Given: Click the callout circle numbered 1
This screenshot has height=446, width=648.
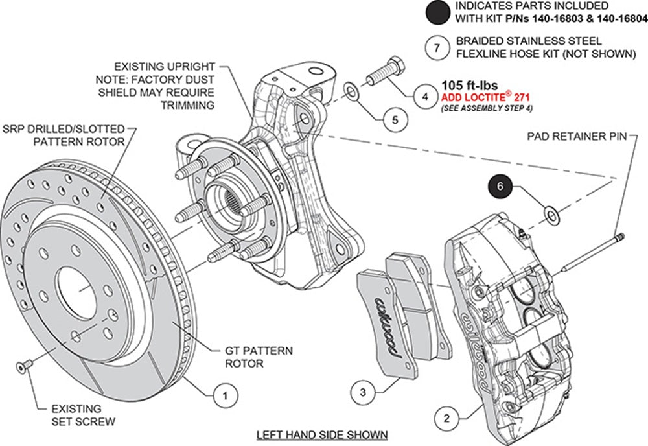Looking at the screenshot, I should [224, 393].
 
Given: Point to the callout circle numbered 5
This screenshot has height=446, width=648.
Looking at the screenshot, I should [395, 120].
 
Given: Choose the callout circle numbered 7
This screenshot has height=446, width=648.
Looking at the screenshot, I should [437, 48].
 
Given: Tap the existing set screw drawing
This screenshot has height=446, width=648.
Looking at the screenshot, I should [24, 368].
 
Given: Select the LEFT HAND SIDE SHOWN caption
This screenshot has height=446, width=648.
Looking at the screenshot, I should [321, 434].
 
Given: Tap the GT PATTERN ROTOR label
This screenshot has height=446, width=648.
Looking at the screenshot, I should [259, 357].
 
